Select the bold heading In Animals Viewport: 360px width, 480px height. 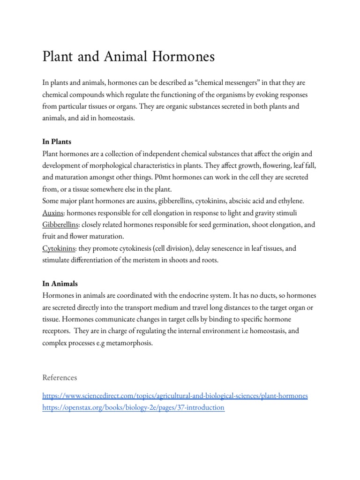point(60,284)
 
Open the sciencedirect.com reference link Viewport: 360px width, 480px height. point(175,396)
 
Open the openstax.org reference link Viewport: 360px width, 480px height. point(134,408)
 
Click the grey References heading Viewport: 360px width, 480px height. point(60,377)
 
